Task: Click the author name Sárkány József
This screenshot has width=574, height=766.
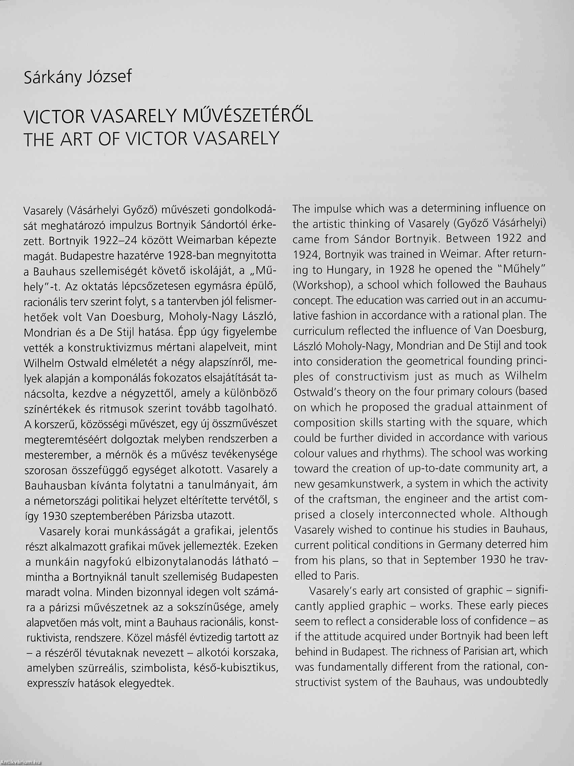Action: tap(78, 77)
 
